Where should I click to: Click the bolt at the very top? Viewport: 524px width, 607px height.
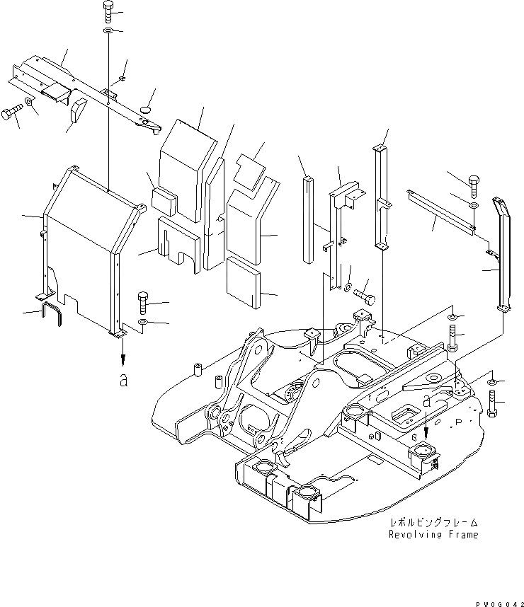click(106, 12)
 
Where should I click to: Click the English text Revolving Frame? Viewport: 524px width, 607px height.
click(433, 535)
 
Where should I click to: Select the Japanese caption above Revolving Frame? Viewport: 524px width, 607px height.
click(433, 523)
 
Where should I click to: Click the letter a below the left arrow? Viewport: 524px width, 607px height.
click(124, 381)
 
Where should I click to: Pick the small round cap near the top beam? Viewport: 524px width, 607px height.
click(147, 110)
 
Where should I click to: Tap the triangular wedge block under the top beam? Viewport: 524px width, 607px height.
click(77, 110)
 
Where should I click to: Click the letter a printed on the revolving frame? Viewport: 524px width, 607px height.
click(427, 400)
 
